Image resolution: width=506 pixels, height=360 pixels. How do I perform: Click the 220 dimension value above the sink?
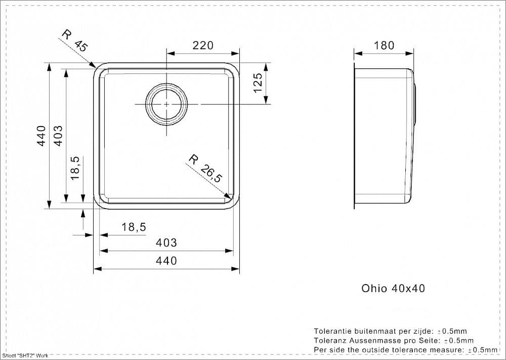[x=203, y=46]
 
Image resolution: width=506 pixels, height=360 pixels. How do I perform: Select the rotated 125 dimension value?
[x=258, y=83]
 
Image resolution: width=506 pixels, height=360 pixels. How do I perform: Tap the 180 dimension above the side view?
[x=384, y=46]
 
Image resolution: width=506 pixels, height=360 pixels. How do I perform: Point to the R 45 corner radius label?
[x=74, y=41]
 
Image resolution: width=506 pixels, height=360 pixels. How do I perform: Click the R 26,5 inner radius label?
[x=205, y=168]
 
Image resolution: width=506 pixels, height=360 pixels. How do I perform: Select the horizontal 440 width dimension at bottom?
[x=166, y=261]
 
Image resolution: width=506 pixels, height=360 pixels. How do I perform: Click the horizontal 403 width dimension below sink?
[x=166, y=243]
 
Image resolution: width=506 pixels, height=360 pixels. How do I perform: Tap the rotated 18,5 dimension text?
[x=75, y=168]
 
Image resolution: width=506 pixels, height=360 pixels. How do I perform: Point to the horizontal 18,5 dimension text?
[x=134, y=227]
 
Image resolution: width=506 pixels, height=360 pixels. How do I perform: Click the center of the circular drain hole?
[x=166, y=104]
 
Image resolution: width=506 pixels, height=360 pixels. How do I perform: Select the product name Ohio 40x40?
[x=393, y=288]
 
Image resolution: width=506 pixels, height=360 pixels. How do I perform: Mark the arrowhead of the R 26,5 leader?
[x=229, y=196]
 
